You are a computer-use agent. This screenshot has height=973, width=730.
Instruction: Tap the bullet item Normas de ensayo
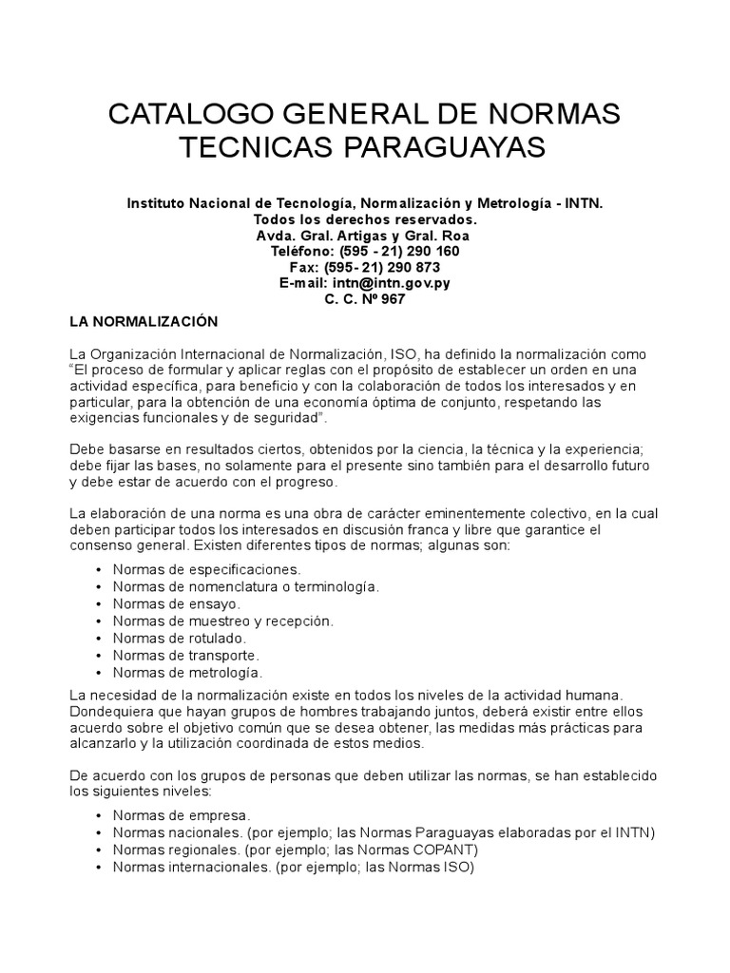coord(176,603)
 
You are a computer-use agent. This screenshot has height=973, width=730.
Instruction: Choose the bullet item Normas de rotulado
coord(179,638)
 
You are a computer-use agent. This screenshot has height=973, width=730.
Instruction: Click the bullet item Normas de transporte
coord(185,655)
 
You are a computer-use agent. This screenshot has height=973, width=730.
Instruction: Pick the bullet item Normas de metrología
coord(187,672)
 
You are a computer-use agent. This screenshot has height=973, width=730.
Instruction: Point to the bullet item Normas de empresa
coord(181,815)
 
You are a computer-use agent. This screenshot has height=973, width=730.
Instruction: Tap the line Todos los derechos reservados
coord(365,219)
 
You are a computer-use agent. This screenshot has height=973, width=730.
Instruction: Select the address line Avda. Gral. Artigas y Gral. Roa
coord(365,236)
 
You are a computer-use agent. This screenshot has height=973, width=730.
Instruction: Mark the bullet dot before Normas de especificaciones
coord(100,569)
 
